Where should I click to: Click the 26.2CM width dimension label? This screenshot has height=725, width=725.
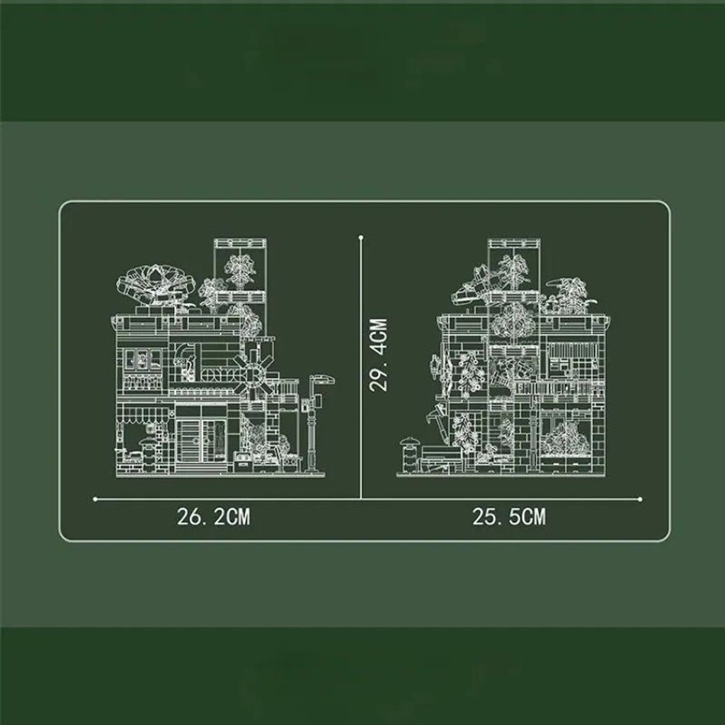214,516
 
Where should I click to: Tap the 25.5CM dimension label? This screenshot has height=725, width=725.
509,516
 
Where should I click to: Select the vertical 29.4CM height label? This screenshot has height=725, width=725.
379,355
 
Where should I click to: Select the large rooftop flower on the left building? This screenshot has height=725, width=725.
155,282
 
